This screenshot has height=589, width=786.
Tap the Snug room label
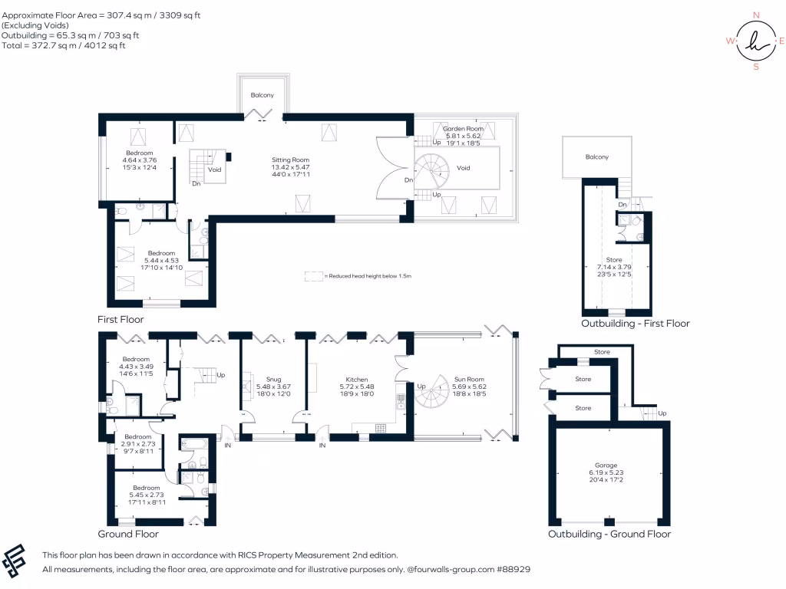273,380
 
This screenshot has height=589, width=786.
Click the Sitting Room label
290,160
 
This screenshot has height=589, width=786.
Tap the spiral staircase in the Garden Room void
434,169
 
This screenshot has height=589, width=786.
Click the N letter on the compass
756,15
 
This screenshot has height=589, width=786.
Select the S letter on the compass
756,67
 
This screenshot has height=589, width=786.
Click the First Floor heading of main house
121,319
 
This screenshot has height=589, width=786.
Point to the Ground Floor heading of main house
128,534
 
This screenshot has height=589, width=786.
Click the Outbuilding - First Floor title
635,324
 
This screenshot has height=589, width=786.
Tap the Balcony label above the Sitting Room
263,95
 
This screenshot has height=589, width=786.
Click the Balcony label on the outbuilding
596,157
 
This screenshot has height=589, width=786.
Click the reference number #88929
512,570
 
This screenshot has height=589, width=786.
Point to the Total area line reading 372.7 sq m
64,45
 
